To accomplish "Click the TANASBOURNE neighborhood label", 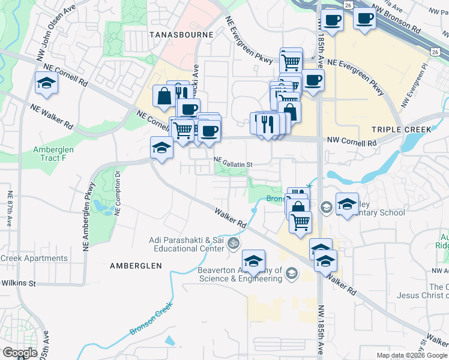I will pos(181,35).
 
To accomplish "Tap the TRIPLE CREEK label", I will pos(401,130).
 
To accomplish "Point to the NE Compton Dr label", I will pos(118,193).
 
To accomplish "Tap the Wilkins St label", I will pos(19,283).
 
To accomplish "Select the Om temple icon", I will pos(234,244).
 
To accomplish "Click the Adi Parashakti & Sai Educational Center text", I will pos(187,244).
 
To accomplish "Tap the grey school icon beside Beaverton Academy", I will pos(292,274).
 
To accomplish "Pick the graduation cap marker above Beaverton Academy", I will pos(254,260).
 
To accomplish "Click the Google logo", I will pos(19,352).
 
